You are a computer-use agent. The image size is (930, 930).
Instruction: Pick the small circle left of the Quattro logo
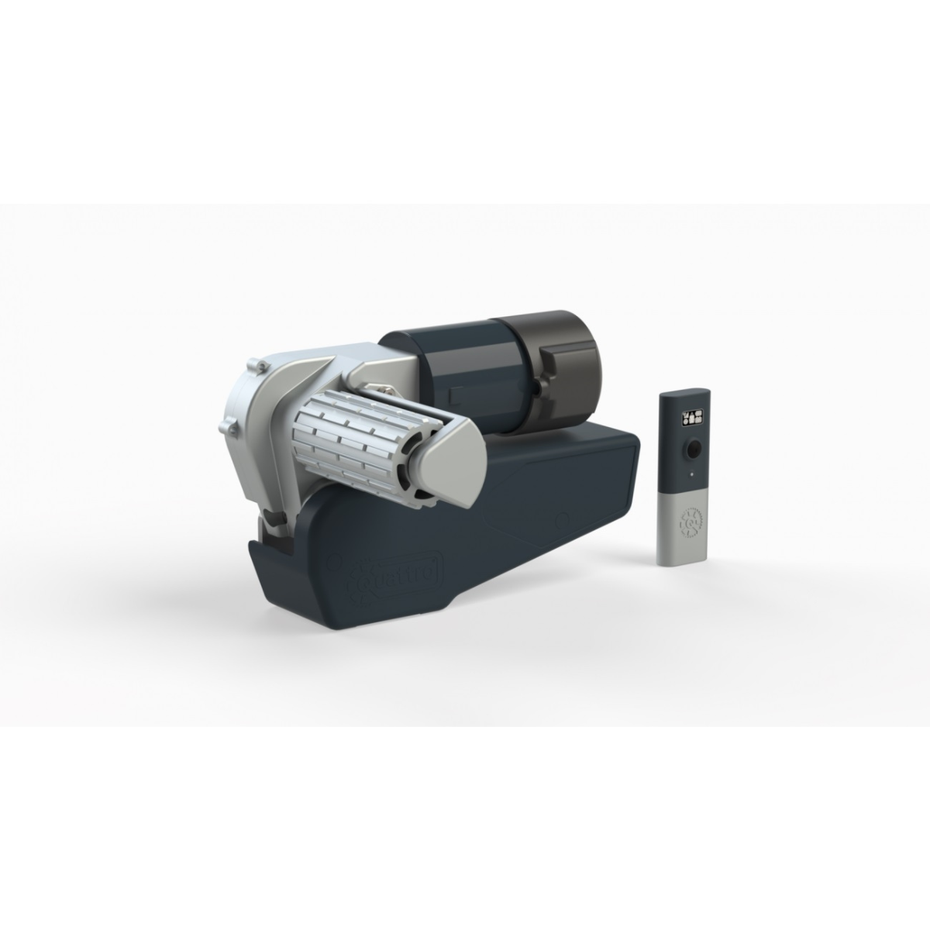point(336,559)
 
